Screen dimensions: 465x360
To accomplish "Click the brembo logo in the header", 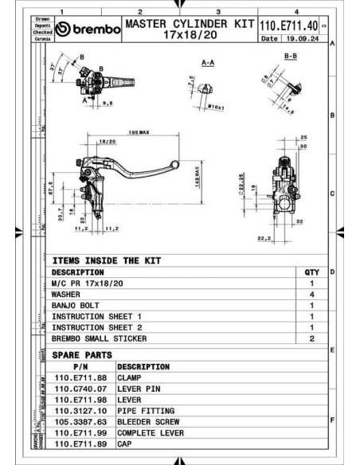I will pos(88,30).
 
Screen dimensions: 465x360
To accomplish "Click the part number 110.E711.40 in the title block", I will pos(288,26).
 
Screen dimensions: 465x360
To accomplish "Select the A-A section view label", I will pos(210,61).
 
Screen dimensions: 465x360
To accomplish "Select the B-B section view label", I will pos(292,57).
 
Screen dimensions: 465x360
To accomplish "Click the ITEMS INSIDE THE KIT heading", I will pos(106,260).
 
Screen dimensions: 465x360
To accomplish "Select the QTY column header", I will pos(311,272).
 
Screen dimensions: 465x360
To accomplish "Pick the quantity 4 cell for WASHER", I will pos(311,294).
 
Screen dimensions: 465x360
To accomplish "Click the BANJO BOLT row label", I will pos(77,305).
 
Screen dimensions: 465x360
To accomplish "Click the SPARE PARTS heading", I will pos(81,355).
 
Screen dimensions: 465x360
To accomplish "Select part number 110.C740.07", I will pos(80,389).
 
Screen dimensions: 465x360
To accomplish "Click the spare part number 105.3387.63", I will pos(80,422).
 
